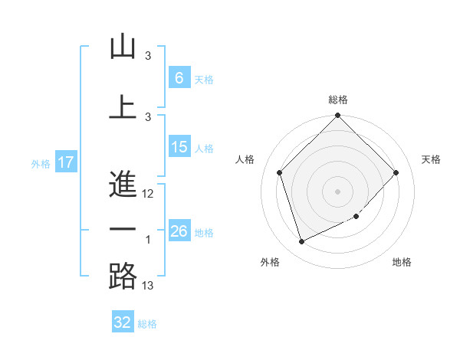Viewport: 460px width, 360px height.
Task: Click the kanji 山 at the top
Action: [123, 47]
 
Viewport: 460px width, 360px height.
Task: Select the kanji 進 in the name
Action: [123, 185]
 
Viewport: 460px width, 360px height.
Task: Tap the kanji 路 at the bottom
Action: [123, 277]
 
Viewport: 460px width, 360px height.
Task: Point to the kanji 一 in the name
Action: [123, 230]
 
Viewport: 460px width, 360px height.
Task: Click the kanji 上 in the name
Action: [123, 106]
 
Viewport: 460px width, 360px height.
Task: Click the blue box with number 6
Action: [179, 78]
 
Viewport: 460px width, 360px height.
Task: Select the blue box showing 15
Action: [179, 147]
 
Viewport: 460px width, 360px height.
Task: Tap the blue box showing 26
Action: [179, 231]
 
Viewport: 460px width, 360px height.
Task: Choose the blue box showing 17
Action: [65, 162]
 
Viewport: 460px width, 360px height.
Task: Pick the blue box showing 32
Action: [122, 322]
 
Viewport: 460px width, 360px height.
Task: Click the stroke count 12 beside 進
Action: [148, 194]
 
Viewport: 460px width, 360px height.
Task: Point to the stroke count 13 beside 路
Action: [148, 286]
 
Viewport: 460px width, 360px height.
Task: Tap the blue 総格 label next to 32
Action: [147, 324]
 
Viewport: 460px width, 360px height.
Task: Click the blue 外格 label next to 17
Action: [40, 163]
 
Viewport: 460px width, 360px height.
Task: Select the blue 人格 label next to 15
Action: [204, 149]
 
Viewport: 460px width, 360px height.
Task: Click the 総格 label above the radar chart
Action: [338, 100]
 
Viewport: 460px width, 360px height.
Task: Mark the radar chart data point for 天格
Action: [396, 172]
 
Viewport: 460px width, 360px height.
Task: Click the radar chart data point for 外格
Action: [301, 241]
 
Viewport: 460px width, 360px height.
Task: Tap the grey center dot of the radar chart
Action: [337, 191]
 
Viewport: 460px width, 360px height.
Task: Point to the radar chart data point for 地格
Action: [356, 217]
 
